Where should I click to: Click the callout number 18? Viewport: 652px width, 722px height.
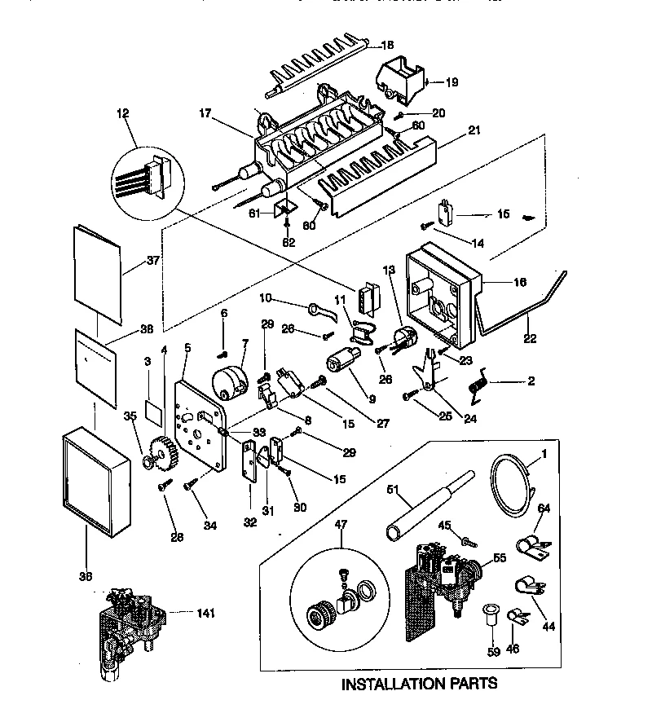pos(387,46)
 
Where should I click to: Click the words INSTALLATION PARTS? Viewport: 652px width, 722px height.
pos(419,683)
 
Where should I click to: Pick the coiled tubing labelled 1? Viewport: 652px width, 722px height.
pos(510,487)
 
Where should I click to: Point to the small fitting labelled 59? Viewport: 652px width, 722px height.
pos(491,612)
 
